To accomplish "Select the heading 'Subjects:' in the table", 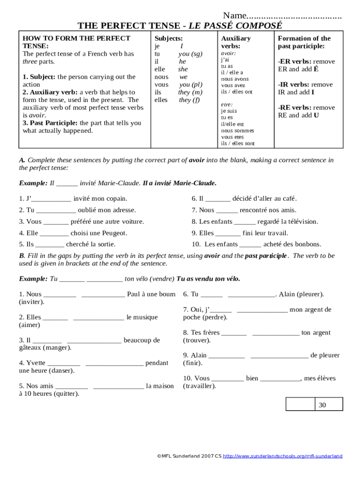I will click(x=168, y=38).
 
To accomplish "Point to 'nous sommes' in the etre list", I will click(x=238, y=131).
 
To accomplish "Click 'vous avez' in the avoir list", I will click(x=233, y=86).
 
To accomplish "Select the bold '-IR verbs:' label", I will click(x=293, y=85).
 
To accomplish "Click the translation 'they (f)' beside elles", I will click(x=189, y=100).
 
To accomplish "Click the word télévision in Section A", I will click(x=300, y=222).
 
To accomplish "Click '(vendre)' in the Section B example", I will click(x=161, y=279).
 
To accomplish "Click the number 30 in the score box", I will click(x=322, y=405).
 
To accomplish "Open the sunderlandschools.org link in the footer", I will click(x=282, y=456).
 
